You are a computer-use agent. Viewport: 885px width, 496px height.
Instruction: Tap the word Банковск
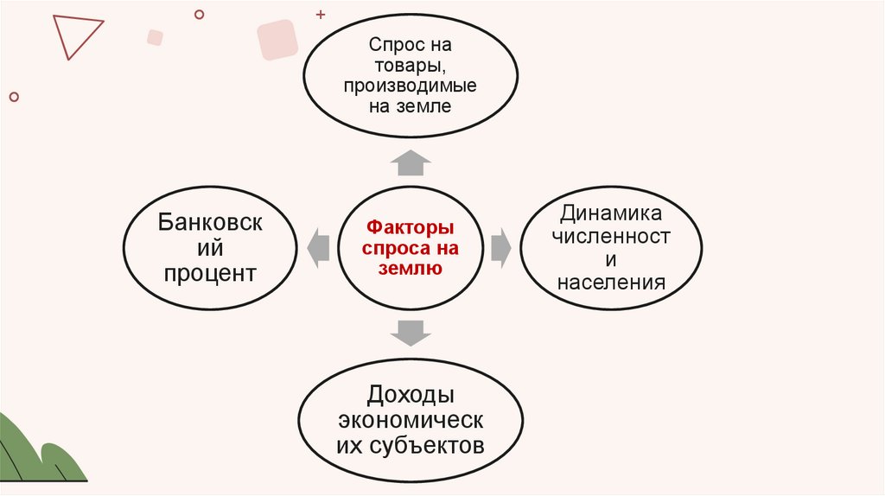point(210,222)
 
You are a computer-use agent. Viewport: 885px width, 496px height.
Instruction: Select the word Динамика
point(610,213)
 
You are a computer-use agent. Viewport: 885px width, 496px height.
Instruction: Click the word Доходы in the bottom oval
point(411,395)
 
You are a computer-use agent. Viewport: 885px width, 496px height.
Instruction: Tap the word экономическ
point(411,420)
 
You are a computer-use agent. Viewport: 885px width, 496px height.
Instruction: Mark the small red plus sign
point(322,15)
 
